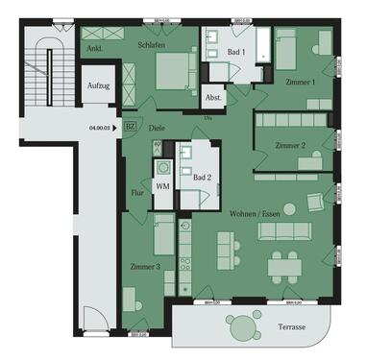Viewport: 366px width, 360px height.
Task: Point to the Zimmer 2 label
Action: coord(290,145)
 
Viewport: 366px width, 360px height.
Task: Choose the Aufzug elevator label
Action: coord(98,85)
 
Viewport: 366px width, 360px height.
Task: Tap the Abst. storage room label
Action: coord(213,97)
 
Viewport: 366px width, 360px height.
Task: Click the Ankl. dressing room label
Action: coord(94,46)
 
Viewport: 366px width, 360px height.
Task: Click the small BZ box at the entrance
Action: coord(131,126)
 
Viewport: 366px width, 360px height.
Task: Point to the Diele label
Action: coord(158,126)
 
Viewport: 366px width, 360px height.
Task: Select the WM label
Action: coord(162,185)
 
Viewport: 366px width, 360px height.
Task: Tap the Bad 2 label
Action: coord(201,178)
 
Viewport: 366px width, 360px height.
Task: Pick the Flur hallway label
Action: coord(137,192)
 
